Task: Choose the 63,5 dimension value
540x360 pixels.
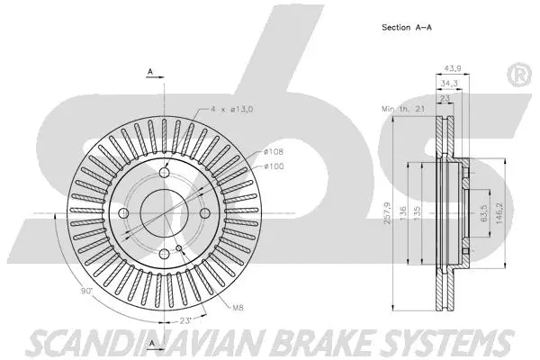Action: click(x=484, y=214)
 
